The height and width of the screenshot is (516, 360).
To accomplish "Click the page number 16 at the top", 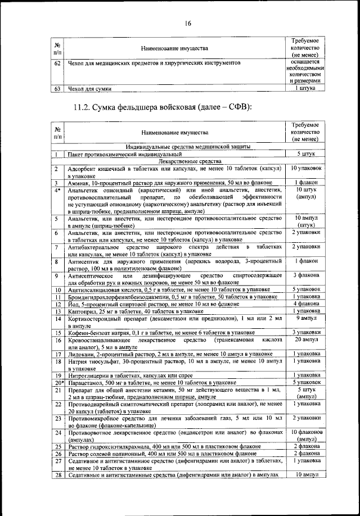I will coord(187,23).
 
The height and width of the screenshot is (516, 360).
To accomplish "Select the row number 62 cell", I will coord(57,64).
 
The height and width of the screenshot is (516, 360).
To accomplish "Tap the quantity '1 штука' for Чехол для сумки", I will coord(305,89).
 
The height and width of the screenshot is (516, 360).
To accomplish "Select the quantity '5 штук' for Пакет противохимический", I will coord(305,153).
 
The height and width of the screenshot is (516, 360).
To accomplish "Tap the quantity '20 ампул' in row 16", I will coord(305,341).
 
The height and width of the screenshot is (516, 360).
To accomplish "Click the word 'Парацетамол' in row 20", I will coord(87,382).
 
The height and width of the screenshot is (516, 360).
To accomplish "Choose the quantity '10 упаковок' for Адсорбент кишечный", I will coord(305,169).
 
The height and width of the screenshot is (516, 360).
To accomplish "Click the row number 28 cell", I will coord(57,476).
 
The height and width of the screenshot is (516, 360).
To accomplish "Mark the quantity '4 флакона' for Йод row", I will coord(305,304).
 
